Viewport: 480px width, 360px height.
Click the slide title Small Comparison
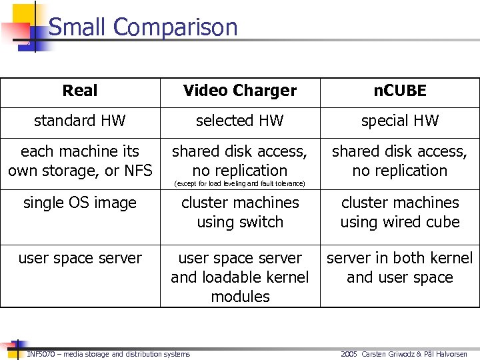(x=143, y=27)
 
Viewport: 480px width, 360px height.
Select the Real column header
(x=80, y=91)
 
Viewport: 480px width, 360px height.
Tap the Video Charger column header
(x=240, y=91)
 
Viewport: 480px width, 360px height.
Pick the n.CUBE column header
(x=399, y=91)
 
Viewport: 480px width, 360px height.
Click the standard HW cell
(x=80, y=121)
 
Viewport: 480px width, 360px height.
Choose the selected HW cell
(x=240, y=121)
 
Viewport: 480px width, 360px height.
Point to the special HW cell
(x=399, y=121)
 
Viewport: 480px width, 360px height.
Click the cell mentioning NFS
(x=80, y=161)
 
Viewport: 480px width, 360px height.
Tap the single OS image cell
(x=80, y=203)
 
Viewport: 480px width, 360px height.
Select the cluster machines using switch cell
(x=240, y=212)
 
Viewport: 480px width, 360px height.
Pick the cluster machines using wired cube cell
(x=399, y=212)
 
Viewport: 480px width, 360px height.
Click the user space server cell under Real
(x=80, y=258)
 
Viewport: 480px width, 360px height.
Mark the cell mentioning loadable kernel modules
(x=240, y=277)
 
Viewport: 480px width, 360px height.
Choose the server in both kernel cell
(x=399, y=267)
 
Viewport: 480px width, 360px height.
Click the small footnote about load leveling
(x=239, y=183)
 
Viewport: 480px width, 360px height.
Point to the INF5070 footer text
(x=108, y=354)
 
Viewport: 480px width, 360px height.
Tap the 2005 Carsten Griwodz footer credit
(x=404, y=354)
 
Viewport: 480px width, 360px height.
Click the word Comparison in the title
(x=175, y=27)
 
